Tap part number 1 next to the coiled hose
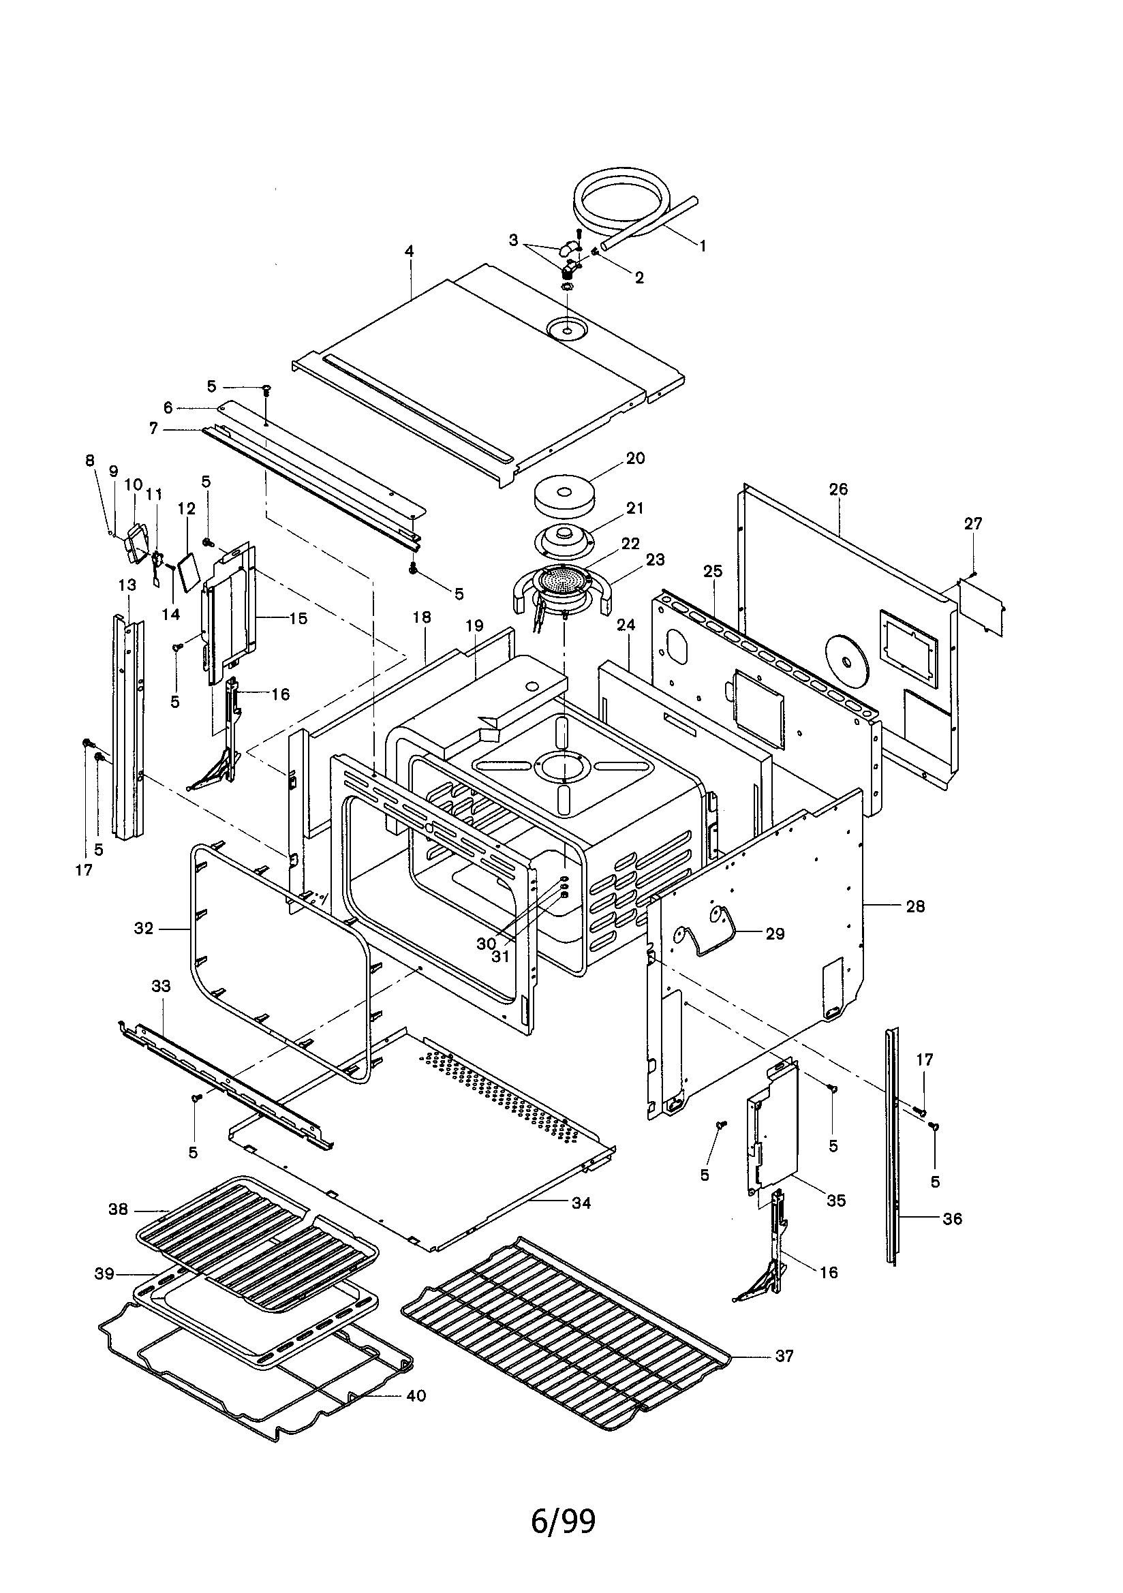pyautogui.click(x=702, y=245)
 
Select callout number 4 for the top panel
pyautogui.click(x=410, y=251)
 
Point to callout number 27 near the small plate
pyautogui.click(x=973, y=523)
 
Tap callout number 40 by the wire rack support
pyautogui.click(x=416, y=1395)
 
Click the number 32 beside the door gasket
pyautogui.click(x=144, y=928)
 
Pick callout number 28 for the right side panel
pyautogui.click(x=915, y=906)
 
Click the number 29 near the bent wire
pyautogui.click(x=775, y=933)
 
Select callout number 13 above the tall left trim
pyautogui.click(x=127, y=585)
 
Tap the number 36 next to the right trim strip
pyautogui.click(x=952, y=1219)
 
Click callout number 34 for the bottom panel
pyautogui.click(x=581, y=1203)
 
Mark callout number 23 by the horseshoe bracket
pyautogui.click(x=654, y=559)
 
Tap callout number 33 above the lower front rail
pyautogui.click(x=161, y=986)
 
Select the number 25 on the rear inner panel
pyautogui.click(x=713, y=571)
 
